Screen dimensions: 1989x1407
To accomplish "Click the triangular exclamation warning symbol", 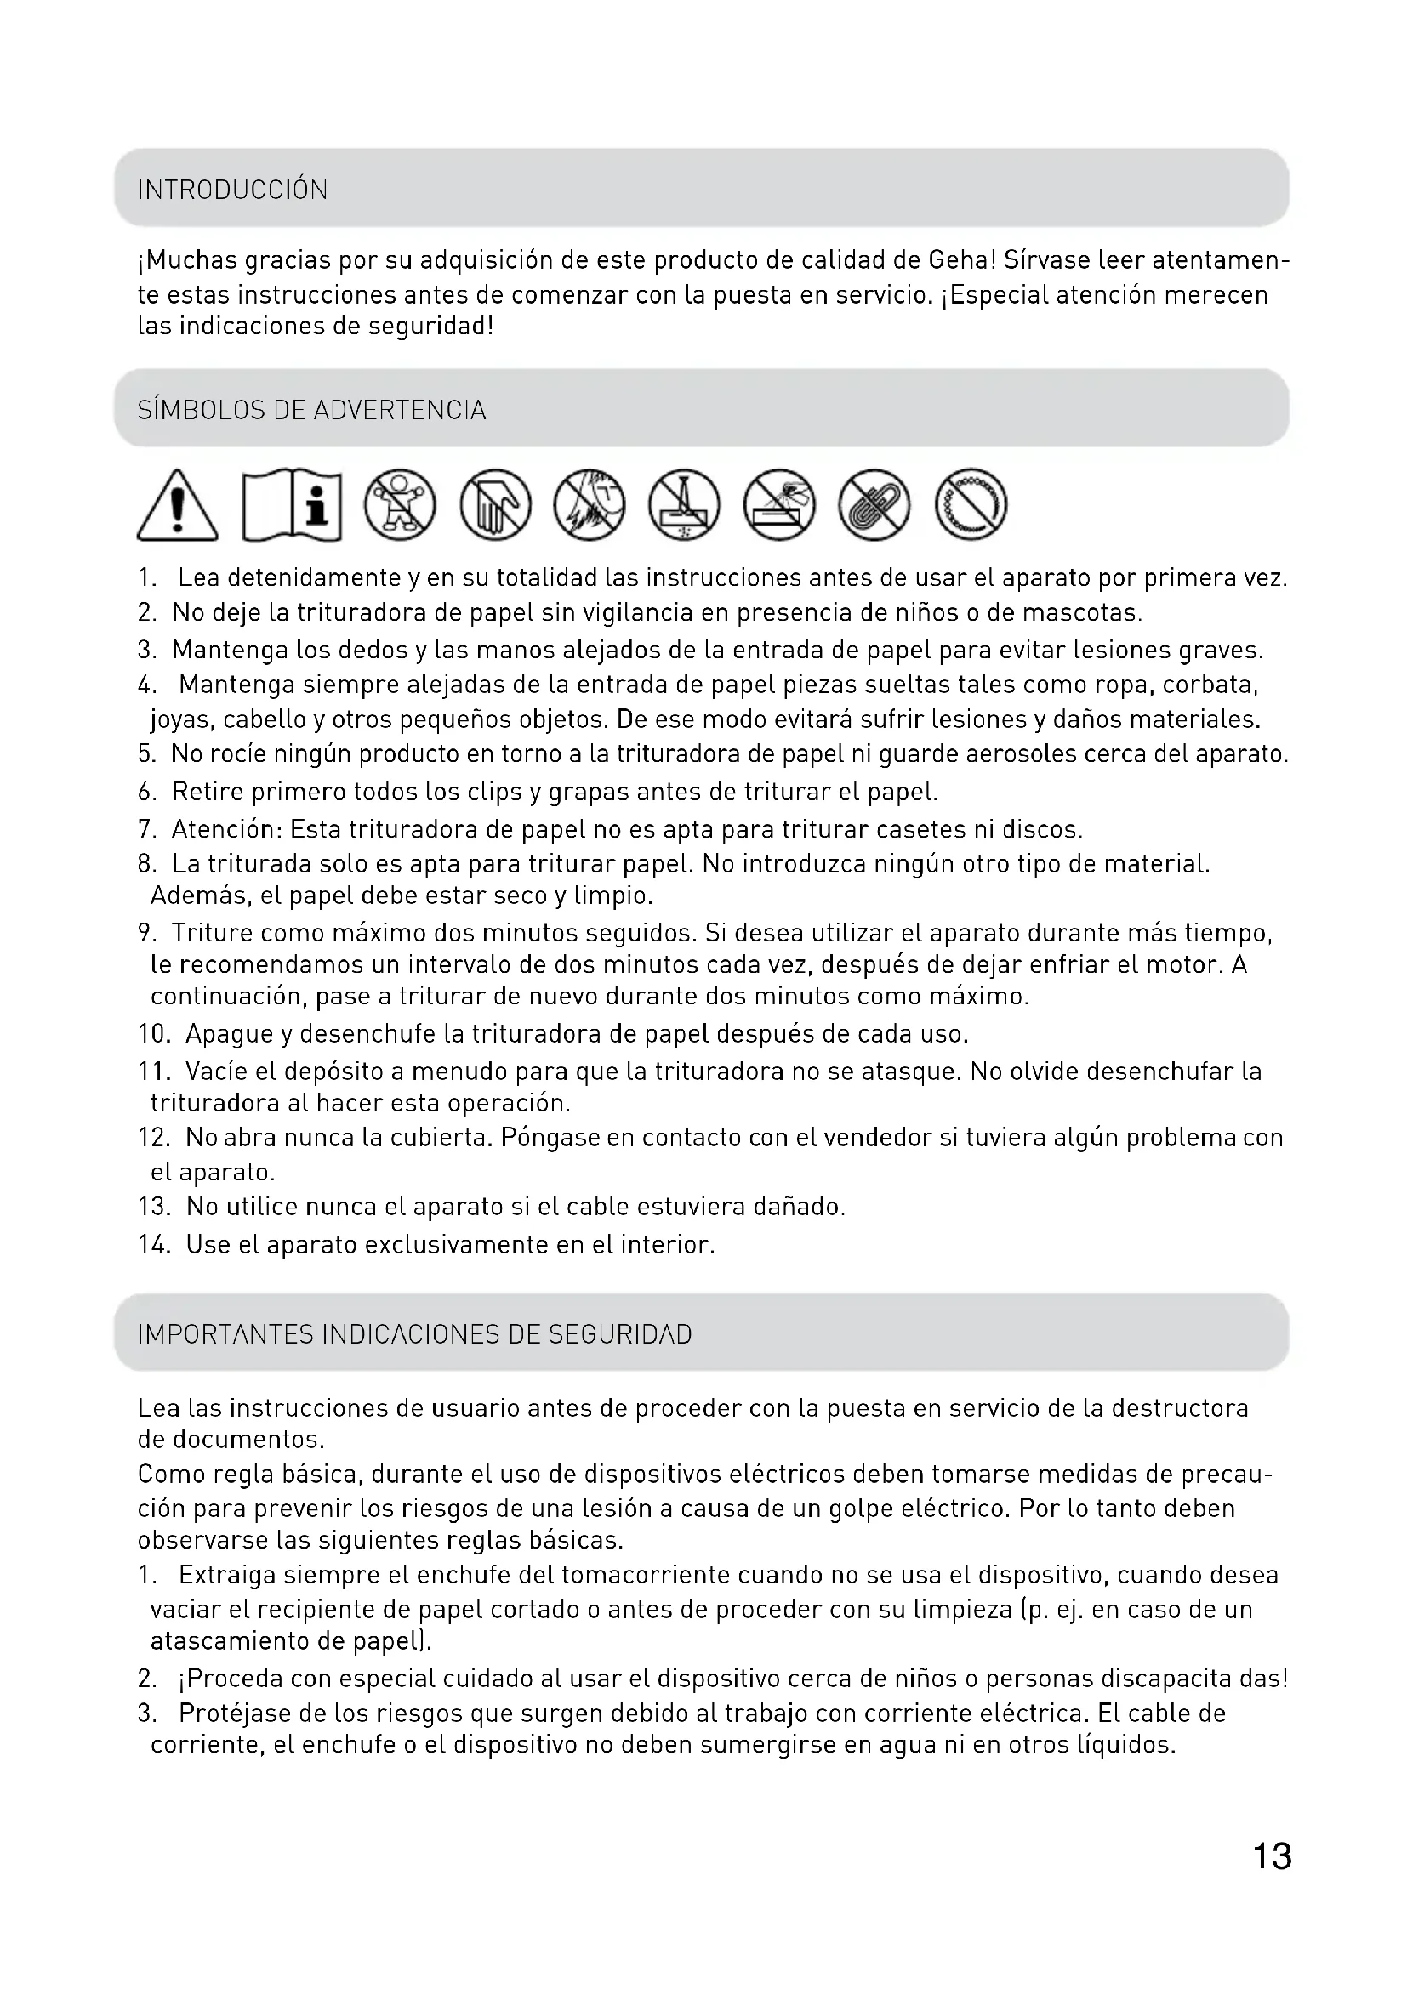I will pos(178,507).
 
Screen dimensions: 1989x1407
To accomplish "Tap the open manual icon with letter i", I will pos(291,506).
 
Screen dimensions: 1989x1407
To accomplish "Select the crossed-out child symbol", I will pos(400,505).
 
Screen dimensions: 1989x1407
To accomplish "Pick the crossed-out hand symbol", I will pos(495,505).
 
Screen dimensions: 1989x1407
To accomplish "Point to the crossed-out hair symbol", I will pos(590,505).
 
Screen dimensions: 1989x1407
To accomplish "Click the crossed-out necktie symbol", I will pos(685,505).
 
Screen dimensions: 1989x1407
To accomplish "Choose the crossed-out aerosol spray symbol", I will pos(780,505).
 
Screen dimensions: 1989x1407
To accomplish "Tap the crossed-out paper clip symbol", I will pos(874,505).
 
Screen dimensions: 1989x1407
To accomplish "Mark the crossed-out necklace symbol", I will pos(971,505).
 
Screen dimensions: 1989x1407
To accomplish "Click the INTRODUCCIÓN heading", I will pos(233,190).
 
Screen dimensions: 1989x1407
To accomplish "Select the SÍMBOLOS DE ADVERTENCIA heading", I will pos(312,410).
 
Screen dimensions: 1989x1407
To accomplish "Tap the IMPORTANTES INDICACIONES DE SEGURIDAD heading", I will pos(415,1334).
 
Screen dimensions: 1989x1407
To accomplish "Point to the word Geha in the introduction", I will pos(956,260).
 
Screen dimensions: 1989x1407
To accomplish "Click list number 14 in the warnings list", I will pos(154,1245).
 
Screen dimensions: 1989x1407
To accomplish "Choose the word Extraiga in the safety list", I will pos(227,1574).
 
